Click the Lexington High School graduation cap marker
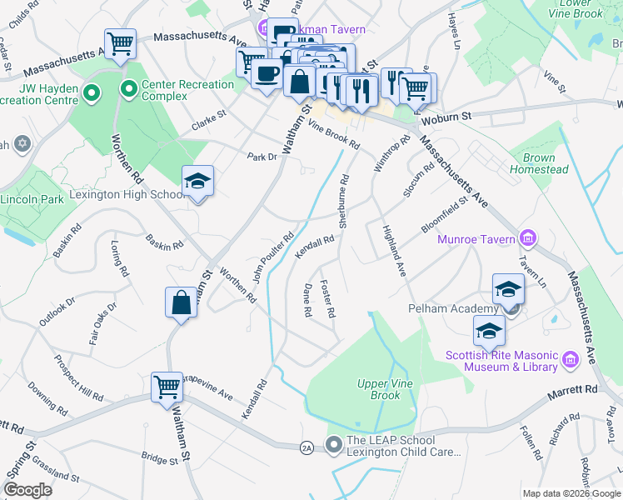click(197, 182)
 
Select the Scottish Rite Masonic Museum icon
click(571, 359)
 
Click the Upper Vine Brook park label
click(379, 389)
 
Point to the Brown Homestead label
click(539, 164)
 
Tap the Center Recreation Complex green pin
click(129, 89)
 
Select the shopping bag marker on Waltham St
click(181, 303)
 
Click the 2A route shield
click(307, 447)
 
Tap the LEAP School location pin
click(334, 445)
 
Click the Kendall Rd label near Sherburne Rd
click(315, 247)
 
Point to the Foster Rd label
click(327, 298)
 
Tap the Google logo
click(29, 490)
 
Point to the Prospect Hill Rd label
click(78, 379)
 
